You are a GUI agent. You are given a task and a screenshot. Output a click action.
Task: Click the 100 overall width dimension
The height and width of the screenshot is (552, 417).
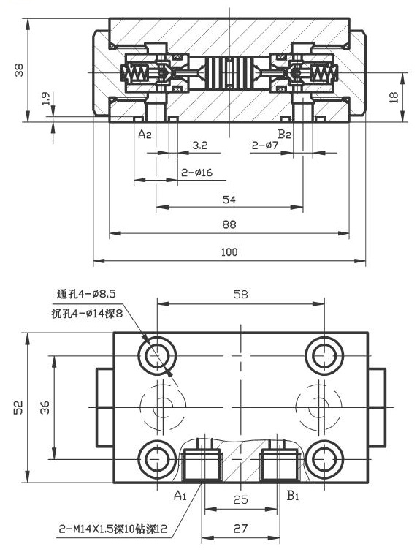[229, 252]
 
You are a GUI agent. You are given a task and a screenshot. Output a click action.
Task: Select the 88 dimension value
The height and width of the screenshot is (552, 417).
[229, 225]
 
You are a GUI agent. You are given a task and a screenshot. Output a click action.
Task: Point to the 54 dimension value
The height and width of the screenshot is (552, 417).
[229, 199]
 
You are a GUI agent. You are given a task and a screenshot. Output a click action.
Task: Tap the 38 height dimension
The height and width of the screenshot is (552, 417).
[20, 70]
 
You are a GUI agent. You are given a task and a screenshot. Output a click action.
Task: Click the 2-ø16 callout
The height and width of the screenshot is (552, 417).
[196, 173]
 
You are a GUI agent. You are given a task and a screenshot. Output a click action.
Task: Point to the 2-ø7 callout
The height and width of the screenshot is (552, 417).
[266, 146]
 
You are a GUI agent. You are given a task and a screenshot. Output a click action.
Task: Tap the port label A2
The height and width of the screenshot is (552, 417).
[145, 134]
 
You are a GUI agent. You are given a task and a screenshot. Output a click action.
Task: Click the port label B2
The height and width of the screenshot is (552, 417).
[285, 134]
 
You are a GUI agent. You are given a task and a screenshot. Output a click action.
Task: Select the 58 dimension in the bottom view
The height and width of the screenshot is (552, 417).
[240, 295]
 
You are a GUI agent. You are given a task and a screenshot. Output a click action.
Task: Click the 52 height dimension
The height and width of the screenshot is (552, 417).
[19, 408]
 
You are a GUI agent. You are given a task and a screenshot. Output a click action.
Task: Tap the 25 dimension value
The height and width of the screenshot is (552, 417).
[240, 500]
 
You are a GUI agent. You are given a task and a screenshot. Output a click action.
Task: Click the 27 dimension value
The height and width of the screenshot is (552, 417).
[240, 527]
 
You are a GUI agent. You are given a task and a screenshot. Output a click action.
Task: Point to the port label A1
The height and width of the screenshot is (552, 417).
[180, 496]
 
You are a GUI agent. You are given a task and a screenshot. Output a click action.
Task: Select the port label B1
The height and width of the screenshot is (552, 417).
[294, 496]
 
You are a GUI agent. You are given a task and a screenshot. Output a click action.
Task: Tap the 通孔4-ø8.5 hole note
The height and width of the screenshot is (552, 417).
[87, 295]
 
